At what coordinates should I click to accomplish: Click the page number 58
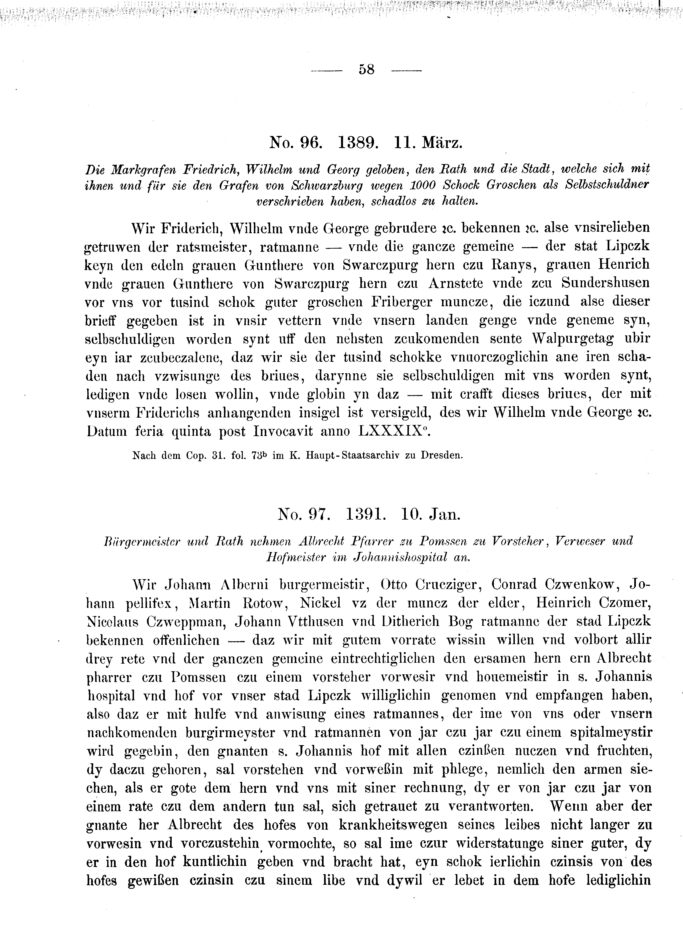(x=367, y=69)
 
